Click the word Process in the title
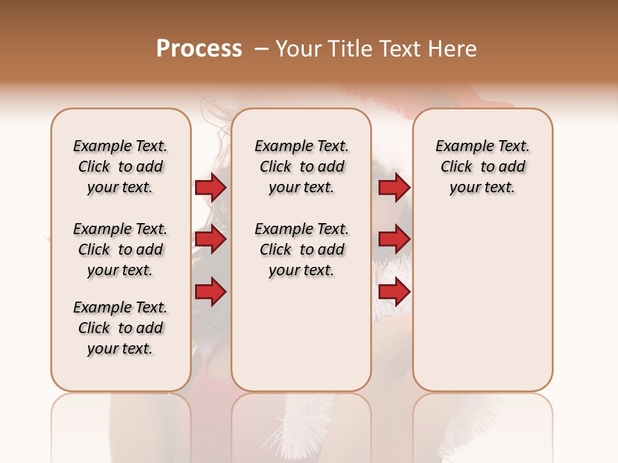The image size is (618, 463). pos(199,49)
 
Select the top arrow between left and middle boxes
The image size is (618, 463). pos(211,187)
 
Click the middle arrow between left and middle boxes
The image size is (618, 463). pos(211,240)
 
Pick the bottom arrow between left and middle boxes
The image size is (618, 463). pos(211,292)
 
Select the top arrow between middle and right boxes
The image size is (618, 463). pos(394,187)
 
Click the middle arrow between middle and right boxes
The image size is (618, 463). pos(394,240)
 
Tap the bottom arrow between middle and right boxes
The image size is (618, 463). pos(394,292)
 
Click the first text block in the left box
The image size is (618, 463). pos(120,167)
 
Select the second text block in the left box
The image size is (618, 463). pos(120,250)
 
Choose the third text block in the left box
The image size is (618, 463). pos(120,328)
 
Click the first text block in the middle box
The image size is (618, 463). pos(302,167)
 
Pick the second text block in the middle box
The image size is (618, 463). pos(302,250)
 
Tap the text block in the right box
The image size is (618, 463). pos(483,167)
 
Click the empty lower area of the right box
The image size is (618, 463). pos(483,309)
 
